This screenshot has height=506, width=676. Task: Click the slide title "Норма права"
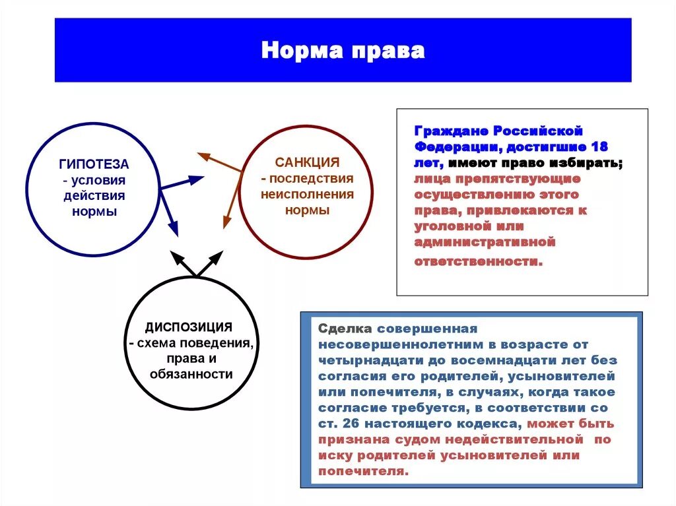[x=343, y=51]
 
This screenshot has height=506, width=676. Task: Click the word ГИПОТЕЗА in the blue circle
[x=94, y=164]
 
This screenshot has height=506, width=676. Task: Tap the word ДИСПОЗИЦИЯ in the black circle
[x=189, y=327]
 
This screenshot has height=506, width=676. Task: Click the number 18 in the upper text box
[x=599, y=146]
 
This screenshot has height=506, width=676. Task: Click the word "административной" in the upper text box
[x=485, y=242]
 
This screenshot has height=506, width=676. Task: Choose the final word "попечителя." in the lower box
[x=364, y=471]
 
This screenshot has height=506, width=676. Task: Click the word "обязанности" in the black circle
[x=190, y=374]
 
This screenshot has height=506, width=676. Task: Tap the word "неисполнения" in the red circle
[x=307, y=195]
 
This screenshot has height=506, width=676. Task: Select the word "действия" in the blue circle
[x=94, y=196]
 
